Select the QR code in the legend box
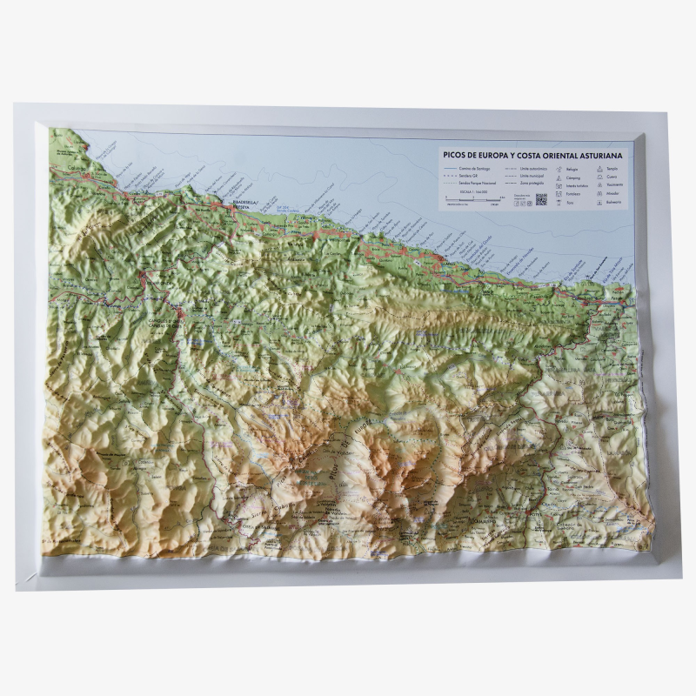(x=541, y=199)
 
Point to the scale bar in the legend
(x=475, y=201)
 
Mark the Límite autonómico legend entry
(x=532, y=168)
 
